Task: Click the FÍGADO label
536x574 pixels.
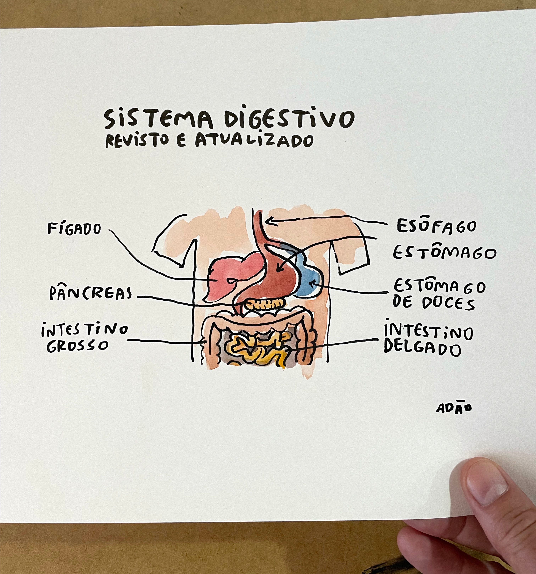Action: pyautogui.click(x=74, y=229)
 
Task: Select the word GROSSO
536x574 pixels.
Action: pyautogui.click(x=77, y=346)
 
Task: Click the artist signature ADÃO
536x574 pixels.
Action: pyautogui.click(x=454, y=408)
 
